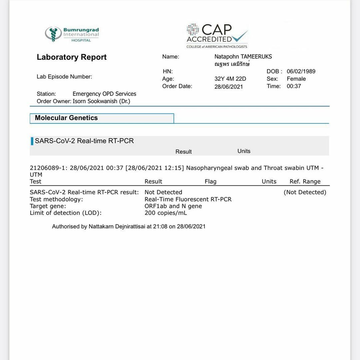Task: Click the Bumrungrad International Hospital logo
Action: [72, 34]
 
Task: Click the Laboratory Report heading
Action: [72, 57]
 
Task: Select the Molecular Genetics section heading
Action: [66, 118]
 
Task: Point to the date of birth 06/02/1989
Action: [301, 71]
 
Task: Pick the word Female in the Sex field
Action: [296, 79]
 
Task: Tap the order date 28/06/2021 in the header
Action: [229, 87]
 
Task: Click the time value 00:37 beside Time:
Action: [294, 86]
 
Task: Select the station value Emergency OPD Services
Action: [104, 94]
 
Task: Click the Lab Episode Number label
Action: [64, 77]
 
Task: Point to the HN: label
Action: [168, 71]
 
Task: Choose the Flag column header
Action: [210, 182]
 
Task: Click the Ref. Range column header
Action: [305, 182]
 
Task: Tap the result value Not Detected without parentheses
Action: [163, 192]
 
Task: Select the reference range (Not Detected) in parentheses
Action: [305, 192]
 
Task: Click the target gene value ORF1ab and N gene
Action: [173, 206]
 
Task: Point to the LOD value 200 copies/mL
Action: [166, 213]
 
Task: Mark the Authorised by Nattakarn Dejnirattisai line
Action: [129, 227]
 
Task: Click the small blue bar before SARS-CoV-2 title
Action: [32, 141]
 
